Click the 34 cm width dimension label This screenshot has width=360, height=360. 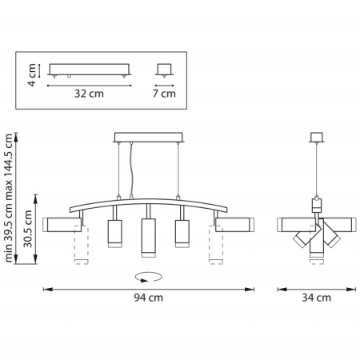317,298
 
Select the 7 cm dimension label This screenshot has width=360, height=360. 164,93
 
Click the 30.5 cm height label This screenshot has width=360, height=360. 28,230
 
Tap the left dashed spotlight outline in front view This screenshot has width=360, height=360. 78,247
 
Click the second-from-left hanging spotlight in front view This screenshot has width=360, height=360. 113,232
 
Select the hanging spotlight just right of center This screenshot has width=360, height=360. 180,232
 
